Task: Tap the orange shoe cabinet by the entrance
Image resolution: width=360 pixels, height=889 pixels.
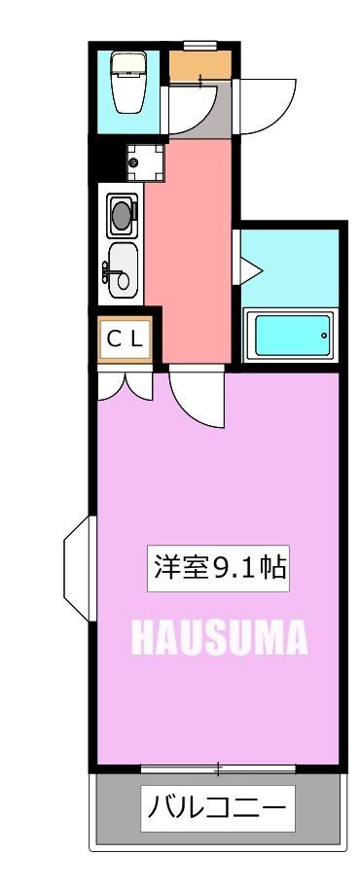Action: point(199,66)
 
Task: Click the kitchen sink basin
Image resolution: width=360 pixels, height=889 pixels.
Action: point(123,268)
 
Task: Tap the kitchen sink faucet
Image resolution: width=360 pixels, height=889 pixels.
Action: point(105,271)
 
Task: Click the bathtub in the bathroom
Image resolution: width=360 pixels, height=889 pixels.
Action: point(291,336)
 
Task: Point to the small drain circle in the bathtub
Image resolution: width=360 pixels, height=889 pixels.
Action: point(324,336)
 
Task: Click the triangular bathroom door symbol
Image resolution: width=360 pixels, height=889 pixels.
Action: point(244,263)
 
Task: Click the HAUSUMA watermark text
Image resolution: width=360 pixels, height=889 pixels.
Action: point(219,638)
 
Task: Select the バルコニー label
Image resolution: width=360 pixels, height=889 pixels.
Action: point(217,807)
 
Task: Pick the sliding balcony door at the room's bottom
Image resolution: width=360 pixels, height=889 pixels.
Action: point(218,769)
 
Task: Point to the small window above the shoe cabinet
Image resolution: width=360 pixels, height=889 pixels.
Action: point(199,44)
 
